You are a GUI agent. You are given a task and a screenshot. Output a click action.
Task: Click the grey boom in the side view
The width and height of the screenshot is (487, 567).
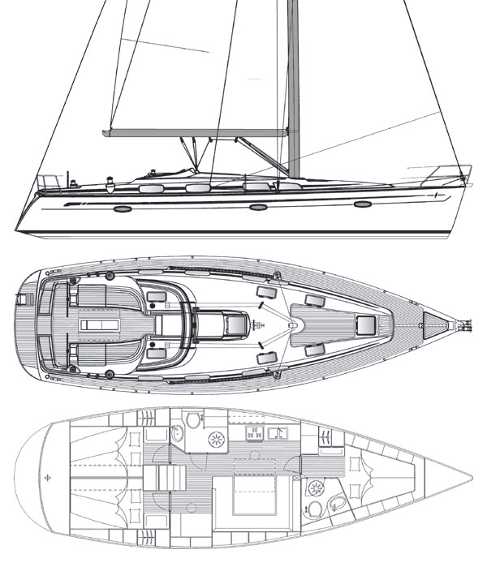[x=195, y=131]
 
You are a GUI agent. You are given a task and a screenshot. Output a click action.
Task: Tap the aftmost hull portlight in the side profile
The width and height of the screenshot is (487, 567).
[x=121, y=208]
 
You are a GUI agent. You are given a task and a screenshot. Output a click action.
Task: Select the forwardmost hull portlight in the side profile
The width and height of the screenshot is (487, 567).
[x=363, y=203]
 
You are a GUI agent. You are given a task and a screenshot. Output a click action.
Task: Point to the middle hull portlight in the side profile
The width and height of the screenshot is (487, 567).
[x=258, y=207]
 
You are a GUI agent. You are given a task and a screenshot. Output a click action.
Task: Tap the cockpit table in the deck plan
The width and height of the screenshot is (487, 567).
[x=97, y=325]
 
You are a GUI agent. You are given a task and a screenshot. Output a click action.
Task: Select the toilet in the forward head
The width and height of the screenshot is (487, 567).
[x=315, y=509]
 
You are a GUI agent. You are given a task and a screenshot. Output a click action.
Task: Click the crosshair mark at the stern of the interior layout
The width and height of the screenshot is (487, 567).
[x=49, y=476]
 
